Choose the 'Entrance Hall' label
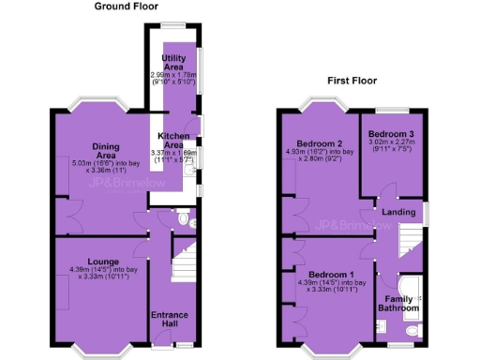170,320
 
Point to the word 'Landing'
400,212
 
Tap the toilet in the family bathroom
412,329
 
